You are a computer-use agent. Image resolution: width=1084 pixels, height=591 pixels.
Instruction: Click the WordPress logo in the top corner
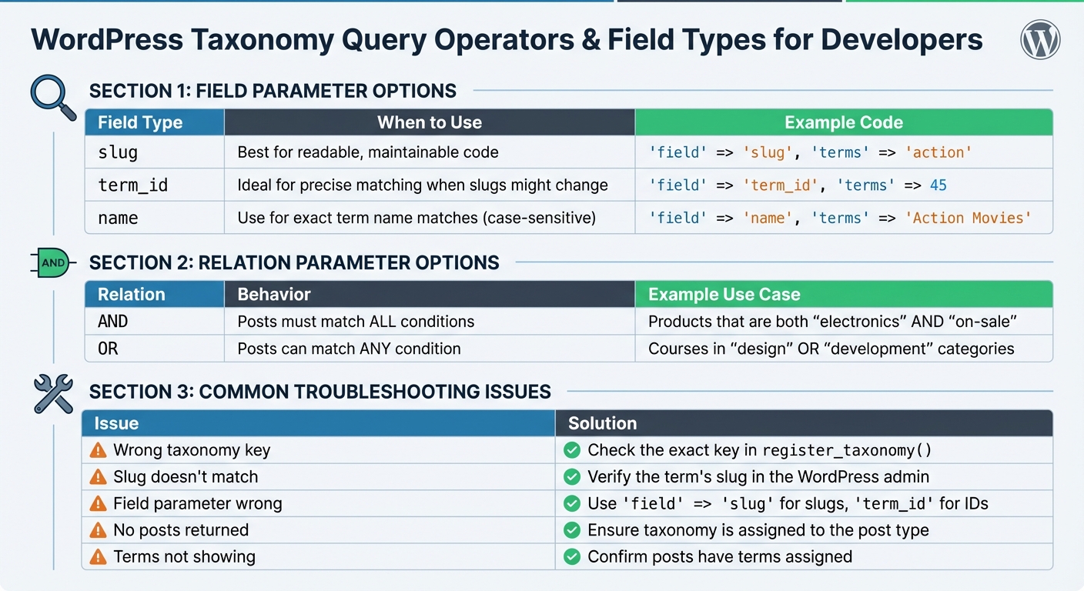point(1040,40)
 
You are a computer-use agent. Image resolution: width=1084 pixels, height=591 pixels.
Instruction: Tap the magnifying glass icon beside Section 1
point(52,95)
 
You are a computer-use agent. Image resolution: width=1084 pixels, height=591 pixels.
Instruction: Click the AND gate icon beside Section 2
point(52,262)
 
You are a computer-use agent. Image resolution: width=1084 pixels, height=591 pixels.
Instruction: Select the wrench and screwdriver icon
point(53,393)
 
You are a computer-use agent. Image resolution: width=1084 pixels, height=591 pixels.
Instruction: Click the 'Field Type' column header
point(140,122)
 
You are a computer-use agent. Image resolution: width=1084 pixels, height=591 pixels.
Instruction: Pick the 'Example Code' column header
point(843,122)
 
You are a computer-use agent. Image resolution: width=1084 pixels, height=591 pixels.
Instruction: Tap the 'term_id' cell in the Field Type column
point(132,185)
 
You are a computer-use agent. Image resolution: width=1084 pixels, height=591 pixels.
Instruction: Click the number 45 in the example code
point(938,185)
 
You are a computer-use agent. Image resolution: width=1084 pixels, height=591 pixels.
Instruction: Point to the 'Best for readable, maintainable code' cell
point(367,152)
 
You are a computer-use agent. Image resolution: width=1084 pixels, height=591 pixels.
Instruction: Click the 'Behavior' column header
point(273,295)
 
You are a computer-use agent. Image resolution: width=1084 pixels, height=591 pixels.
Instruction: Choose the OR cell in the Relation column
point(108,349)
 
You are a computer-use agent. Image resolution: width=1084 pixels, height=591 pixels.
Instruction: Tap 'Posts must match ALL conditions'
point(356,322)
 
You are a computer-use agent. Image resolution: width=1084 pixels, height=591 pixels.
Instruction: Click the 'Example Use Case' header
point(724,295)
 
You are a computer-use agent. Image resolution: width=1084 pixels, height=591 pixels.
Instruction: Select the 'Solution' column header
point(602,423)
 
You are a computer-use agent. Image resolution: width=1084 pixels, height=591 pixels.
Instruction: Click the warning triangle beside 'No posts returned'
point(98,530)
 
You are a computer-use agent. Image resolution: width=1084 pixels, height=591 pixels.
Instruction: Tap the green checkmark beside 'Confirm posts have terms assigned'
point(571,556)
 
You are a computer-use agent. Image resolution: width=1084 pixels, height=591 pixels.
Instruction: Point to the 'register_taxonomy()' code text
point(846,450)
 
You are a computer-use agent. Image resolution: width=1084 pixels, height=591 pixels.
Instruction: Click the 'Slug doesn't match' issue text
point(185,477)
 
